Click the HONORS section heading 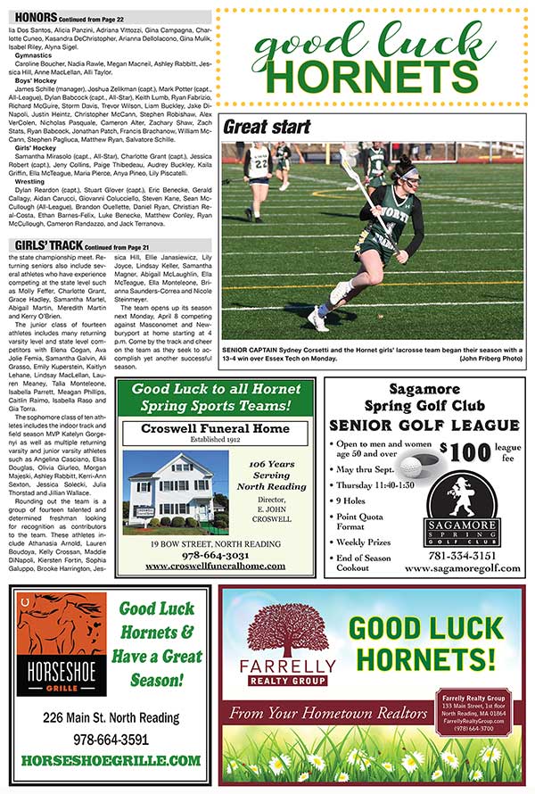[x=33, y=16]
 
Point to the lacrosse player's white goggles [x=407, y=175]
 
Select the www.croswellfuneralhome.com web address [x=221, y=566]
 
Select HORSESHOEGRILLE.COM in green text [x=110, y=761]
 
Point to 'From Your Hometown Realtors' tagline [x=327, y=713]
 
